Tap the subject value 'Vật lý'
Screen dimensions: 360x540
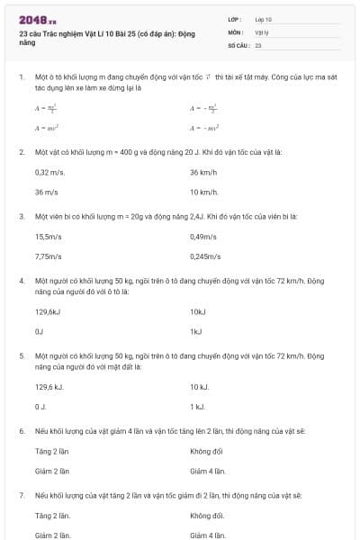click(262, 31)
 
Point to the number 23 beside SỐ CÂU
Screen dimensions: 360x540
click(258, 44)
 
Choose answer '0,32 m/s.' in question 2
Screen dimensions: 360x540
click(49, 172)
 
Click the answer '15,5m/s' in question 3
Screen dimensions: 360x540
click(49, 237)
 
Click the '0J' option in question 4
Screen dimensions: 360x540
click(39, 331)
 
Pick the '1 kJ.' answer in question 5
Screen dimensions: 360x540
click(198, 407)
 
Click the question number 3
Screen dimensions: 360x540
click(22, 217)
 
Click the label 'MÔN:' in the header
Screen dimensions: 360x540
click(237, 31)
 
